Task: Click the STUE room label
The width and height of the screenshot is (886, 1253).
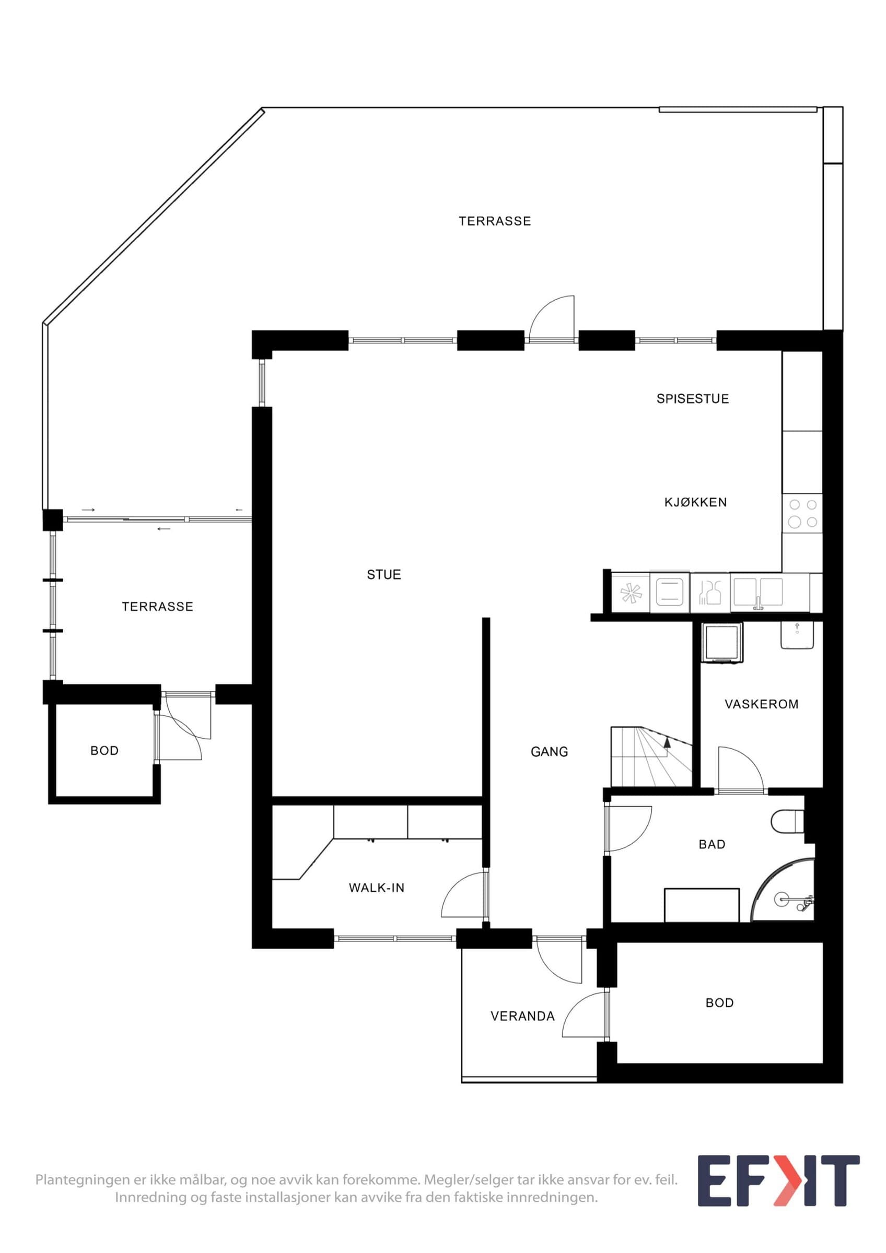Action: point(384,574)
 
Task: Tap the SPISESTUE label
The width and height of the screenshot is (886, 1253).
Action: point(692,398)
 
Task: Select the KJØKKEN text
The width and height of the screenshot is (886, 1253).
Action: point(695,502)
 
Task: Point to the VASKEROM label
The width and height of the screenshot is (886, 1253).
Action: point(761,704)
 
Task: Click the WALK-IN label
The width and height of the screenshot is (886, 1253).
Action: point(377,888)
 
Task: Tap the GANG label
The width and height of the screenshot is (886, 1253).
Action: point(549,751)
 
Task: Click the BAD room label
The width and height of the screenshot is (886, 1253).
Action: point(712,844)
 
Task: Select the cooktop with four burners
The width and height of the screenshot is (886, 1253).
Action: point(802,514)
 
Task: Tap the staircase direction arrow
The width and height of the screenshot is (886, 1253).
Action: point(667,741)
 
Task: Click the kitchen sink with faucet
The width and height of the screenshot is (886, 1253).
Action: point(757,593)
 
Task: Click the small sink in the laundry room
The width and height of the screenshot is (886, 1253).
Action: point(797,635)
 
